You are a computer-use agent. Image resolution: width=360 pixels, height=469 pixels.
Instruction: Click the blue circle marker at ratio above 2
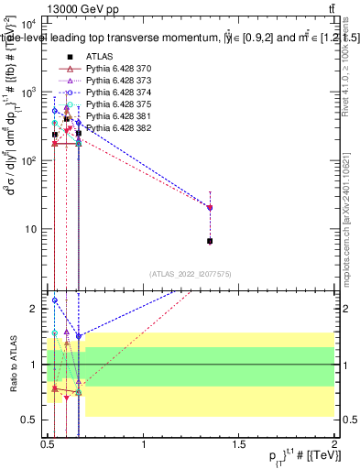55,300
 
